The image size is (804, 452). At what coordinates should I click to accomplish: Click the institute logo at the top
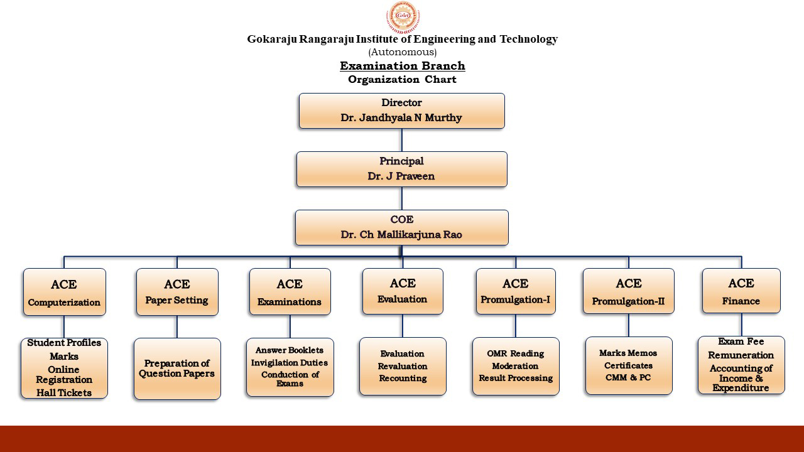[403, 17]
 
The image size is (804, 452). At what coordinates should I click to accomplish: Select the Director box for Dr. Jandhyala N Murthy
[401, 111]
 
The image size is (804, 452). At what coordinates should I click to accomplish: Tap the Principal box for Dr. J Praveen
[401, 169]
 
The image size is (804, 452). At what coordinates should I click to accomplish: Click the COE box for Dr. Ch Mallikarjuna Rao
[401, 227]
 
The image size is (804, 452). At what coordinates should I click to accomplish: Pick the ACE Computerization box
[65, 292]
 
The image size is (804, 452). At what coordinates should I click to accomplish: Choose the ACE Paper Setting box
[177, 292]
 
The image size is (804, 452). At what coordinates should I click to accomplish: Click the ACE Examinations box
[290, 292]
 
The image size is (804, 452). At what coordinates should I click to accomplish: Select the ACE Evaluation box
[403, 291]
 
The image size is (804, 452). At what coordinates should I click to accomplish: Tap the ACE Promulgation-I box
[516, 291]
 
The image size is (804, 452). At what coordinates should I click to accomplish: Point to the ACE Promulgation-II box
[629, 291]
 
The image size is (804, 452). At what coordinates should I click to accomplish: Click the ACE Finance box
[741, 291]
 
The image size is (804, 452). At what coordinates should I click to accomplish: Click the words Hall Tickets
[64, 393]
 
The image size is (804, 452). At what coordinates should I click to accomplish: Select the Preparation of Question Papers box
[177, 369]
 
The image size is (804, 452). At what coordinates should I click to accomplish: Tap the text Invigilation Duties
[290, 363]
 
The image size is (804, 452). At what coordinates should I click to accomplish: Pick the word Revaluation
[403, 366]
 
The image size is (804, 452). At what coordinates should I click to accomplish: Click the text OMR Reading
[516, 353]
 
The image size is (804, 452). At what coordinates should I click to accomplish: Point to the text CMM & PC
[628, 377]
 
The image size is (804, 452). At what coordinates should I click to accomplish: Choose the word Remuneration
[741, 355]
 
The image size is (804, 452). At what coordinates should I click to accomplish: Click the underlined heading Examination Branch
[403, 66]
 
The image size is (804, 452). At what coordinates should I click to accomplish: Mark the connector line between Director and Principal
[401, 140]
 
